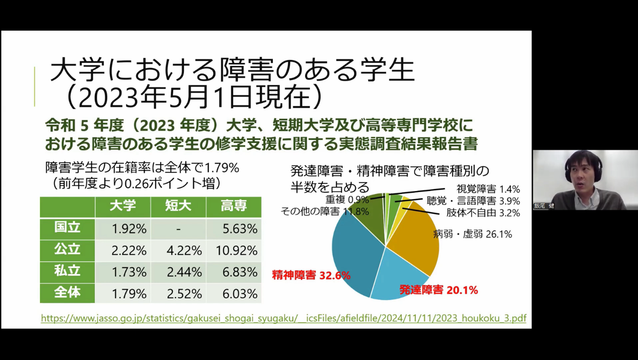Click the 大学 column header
(122, 206)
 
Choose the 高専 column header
(233, 206)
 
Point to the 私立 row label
(67, 271)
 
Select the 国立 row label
(67, 228)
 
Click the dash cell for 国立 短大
(178, 229)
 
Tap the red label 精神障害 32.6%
(311, 275)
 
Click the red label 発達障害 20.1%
(438, 290)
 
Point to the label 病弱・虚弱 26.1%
(472, 234)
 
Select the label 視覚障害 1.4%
(488, 189)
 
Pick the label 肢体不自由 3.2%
(483, 213)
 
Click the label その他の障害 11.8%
(324, 211)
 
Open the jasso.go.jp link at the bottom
(283, 318)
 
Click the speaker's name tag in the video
(545, 206)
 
